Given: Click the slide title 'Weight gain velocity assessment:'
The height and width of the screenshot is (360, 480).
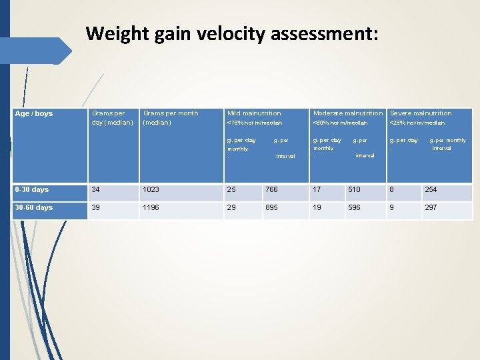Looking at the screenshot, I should click(232, 33).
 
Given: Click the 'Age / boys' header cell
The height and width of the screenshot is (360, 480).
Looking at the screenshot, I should click(34, 114).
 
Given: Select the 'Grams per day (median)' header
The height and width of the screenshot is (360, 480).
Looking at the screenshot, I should click(112, 118).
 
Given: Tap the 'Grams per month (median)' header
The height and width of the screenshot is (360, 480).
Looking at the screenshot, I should click(171, 118).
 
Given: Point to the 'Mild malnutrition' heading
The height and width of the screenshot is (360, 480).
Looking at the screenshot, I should click(254, 113).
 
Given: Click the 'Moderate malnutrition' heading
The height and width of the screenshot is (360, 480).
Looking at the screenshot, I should click(348, 113).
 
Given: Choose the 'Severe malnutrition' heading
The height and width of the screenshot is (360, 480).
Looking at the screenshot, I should click(421, 113).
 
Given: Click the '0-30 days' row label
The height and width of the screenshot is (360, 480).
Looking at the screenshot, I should click(32, 190).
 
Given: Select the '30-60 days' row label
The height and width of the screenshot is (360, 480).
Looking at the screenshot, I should click(34, 207).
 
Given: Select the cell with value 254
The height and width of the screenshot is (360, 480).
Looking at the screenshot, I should click(431, 190).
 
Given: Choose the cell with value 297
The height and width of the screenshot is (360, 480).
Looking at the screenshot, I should click(431, 207).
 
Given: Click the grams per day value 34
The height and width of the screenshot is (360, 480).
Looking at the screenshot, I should click(96, 190).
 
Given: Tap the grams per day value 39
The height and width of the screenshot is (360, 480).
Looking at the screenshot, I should click(96, 207).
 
